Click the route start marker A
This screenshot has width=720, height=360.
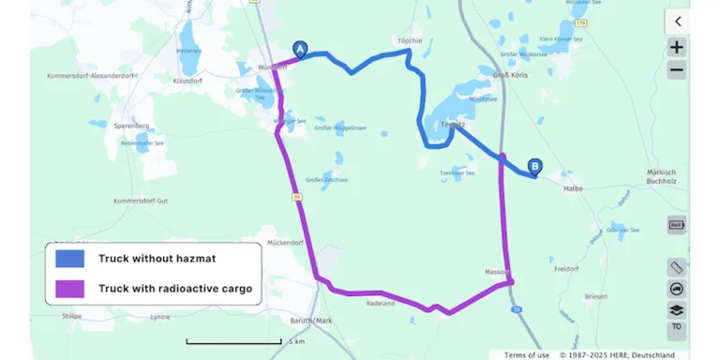pos(300,48)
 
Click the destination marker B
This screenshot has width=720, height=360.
pos(535,167)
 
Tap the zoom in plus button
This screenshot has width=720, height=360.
pos(677,47)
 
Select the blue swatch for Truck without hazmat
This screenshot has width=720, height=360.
pos(70,258)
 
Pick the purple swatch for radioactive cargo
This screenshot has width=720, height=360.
pos(70,288)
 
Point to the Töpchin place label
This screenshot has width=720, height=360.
pos(411,41)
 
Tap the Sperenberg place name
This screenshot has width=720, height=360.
pos(130,125)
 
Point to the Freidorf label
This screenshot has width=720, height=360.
pos(567,268)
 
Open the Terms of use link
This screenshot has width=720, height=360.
pos(527,354)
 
